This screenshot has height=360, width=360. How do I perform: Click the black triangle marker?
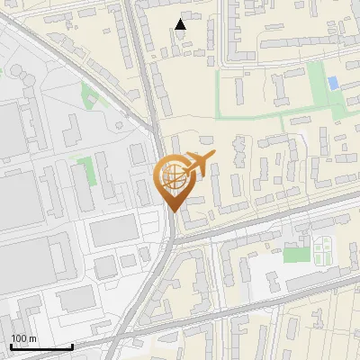click(x=181, y=24)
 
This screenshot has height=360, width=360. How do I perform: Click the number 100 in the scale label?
click(x=19, y=338)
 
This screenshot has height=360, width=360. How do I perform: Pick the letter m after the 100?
click(x=32, y=338)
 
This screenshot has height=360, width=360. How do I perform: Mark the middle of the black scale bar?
click(x=41, y=346)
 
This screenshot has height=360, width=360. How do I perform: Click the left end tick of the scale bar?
click(x=11, y=346)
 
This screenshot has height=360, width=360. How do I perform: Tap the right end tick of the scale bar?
click(x=72, y=346)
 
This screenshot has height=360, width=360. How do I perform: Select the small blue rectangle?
click(x=334, y=84)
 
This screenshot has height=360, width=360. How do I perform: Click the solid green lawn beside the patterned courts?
click(x=296, y=255)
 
